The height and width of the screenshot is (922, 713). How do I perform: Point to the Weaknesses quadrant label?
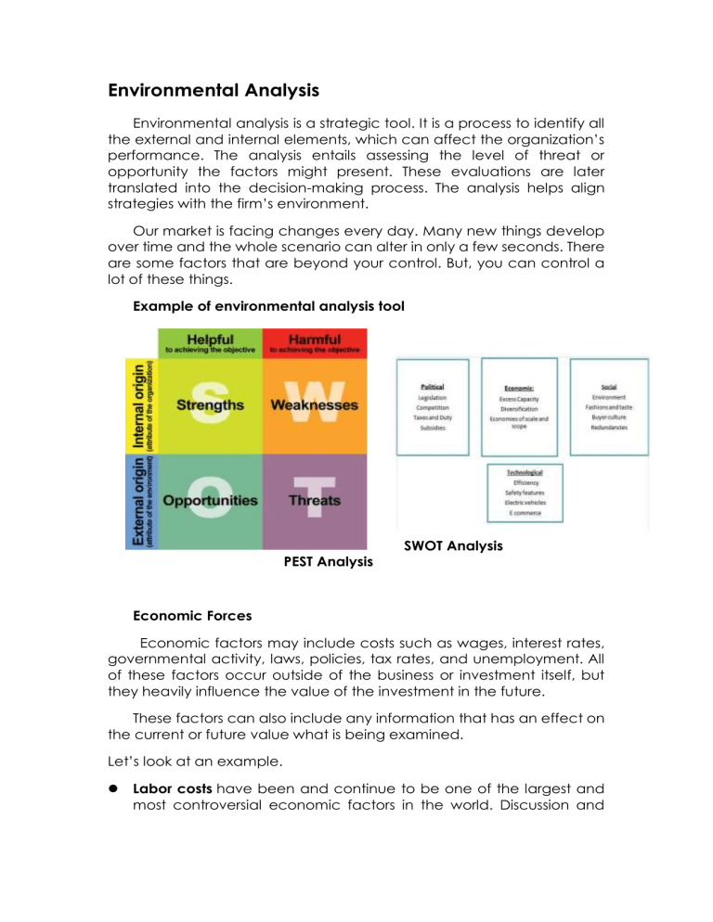[314, 405]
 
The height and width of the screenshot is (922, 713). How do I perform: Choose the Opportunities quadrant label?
[210, 501]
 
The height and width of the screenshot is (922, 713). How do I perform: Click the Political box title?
[433, 386]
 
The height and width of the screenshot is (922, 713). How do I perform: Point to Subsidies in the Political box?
[432, 429]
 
